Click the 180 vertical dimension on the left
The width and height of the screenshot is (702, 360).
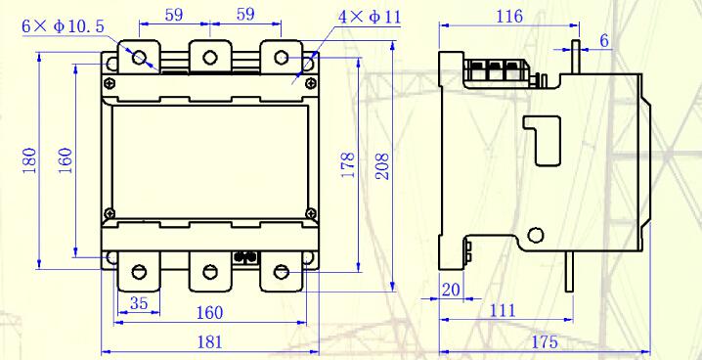coord(30,160)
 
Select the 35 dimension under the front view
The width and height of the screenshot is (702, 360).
coord(139,304)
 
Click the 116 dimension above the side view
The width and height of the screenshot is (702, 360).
coord(508,17)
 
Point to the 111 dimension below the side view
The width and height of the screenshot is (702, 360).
coord(502,310)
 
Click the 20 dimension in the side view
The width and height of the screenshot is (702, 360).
coord(451,289)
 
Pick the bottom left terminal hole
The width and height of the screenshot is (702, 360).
coord(140,271)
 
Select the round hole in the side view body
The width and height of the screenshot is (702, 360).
coord(535,235)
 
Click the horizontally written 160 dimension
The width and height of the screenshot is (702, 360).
coord(208,313)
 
